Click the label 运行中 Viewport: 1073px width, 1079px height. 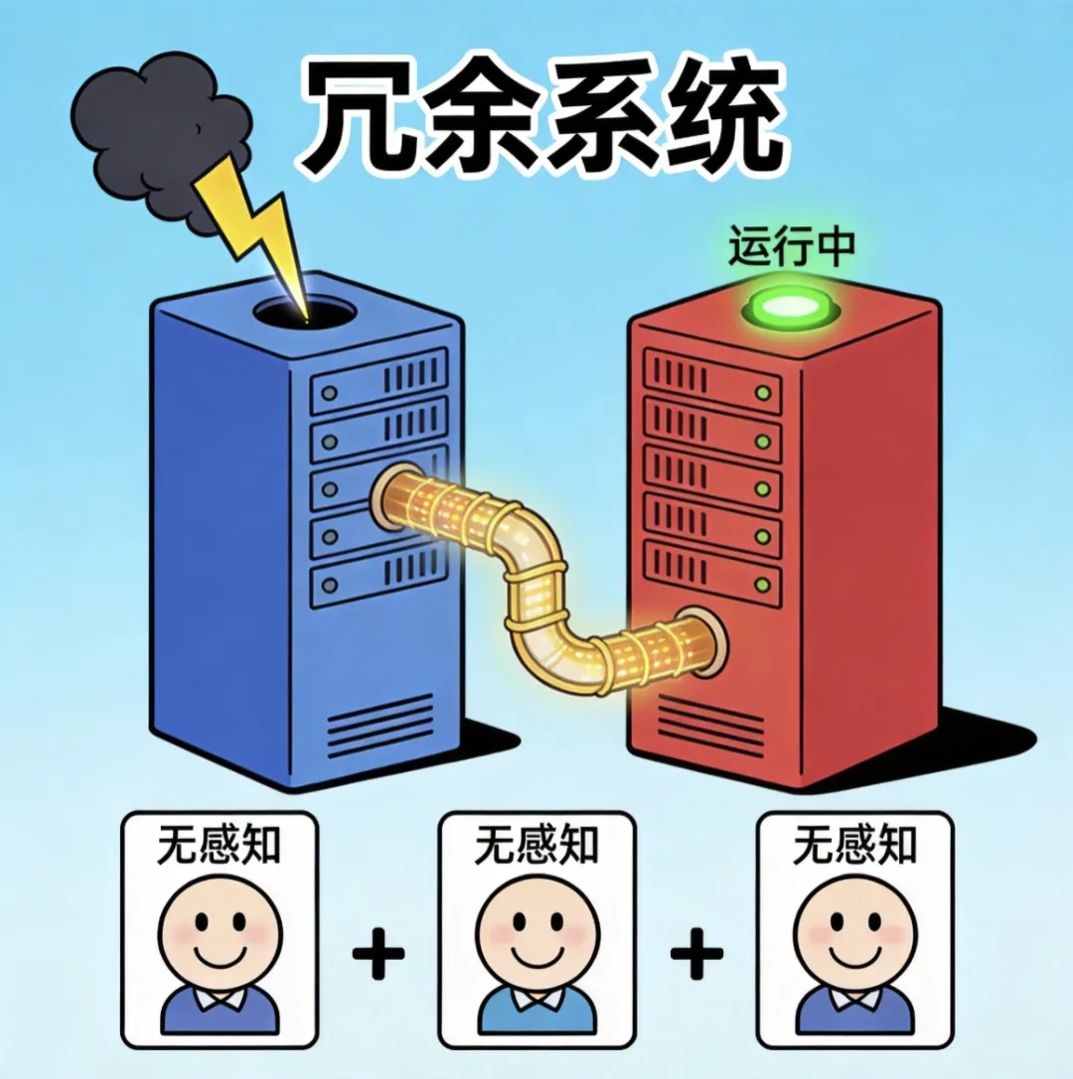tap(792, 246)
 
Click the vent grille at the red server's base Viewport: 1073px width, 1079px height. tap(711, 723)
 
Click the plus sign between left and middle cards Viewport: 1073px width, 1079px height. tap(379, 954)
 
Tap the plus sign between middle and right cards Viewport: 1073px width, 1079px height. tap(696, 954)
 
